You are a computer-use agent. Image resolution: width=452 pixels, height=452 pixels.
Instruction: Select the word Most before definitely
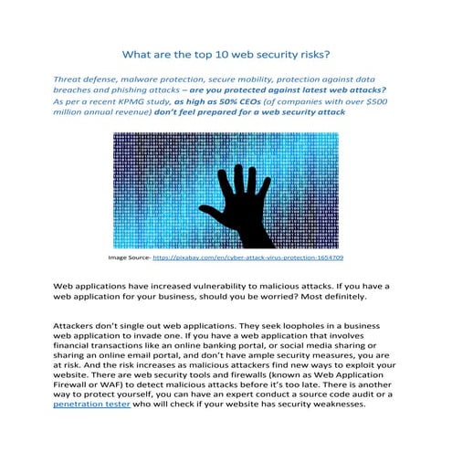(x=298, y=297)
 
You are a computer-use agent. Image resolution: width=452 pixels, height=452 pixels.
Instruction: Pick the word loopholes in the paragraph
(x=297, y=326)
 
